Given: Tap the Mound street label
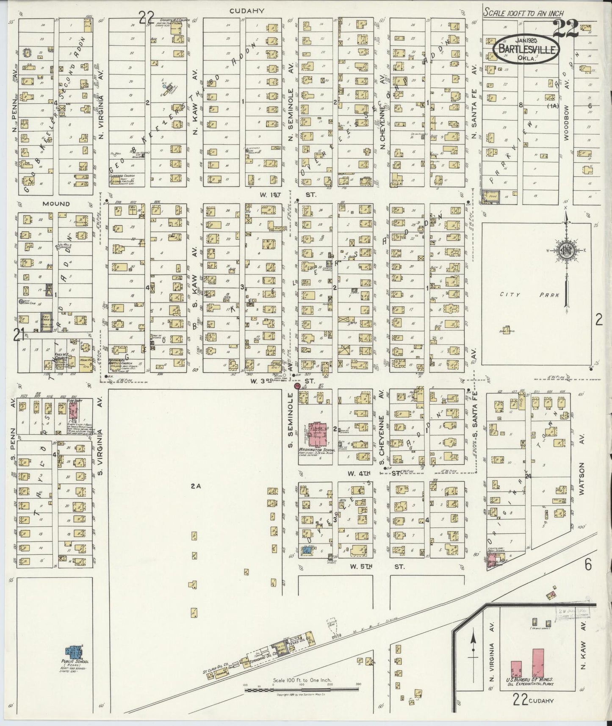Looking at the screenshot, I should (x=56, y=204).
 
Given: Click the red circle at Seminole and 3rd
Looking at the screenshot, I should (x=297, y=386).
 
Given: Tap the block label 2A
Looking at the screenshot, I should (x=195, y=487).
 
